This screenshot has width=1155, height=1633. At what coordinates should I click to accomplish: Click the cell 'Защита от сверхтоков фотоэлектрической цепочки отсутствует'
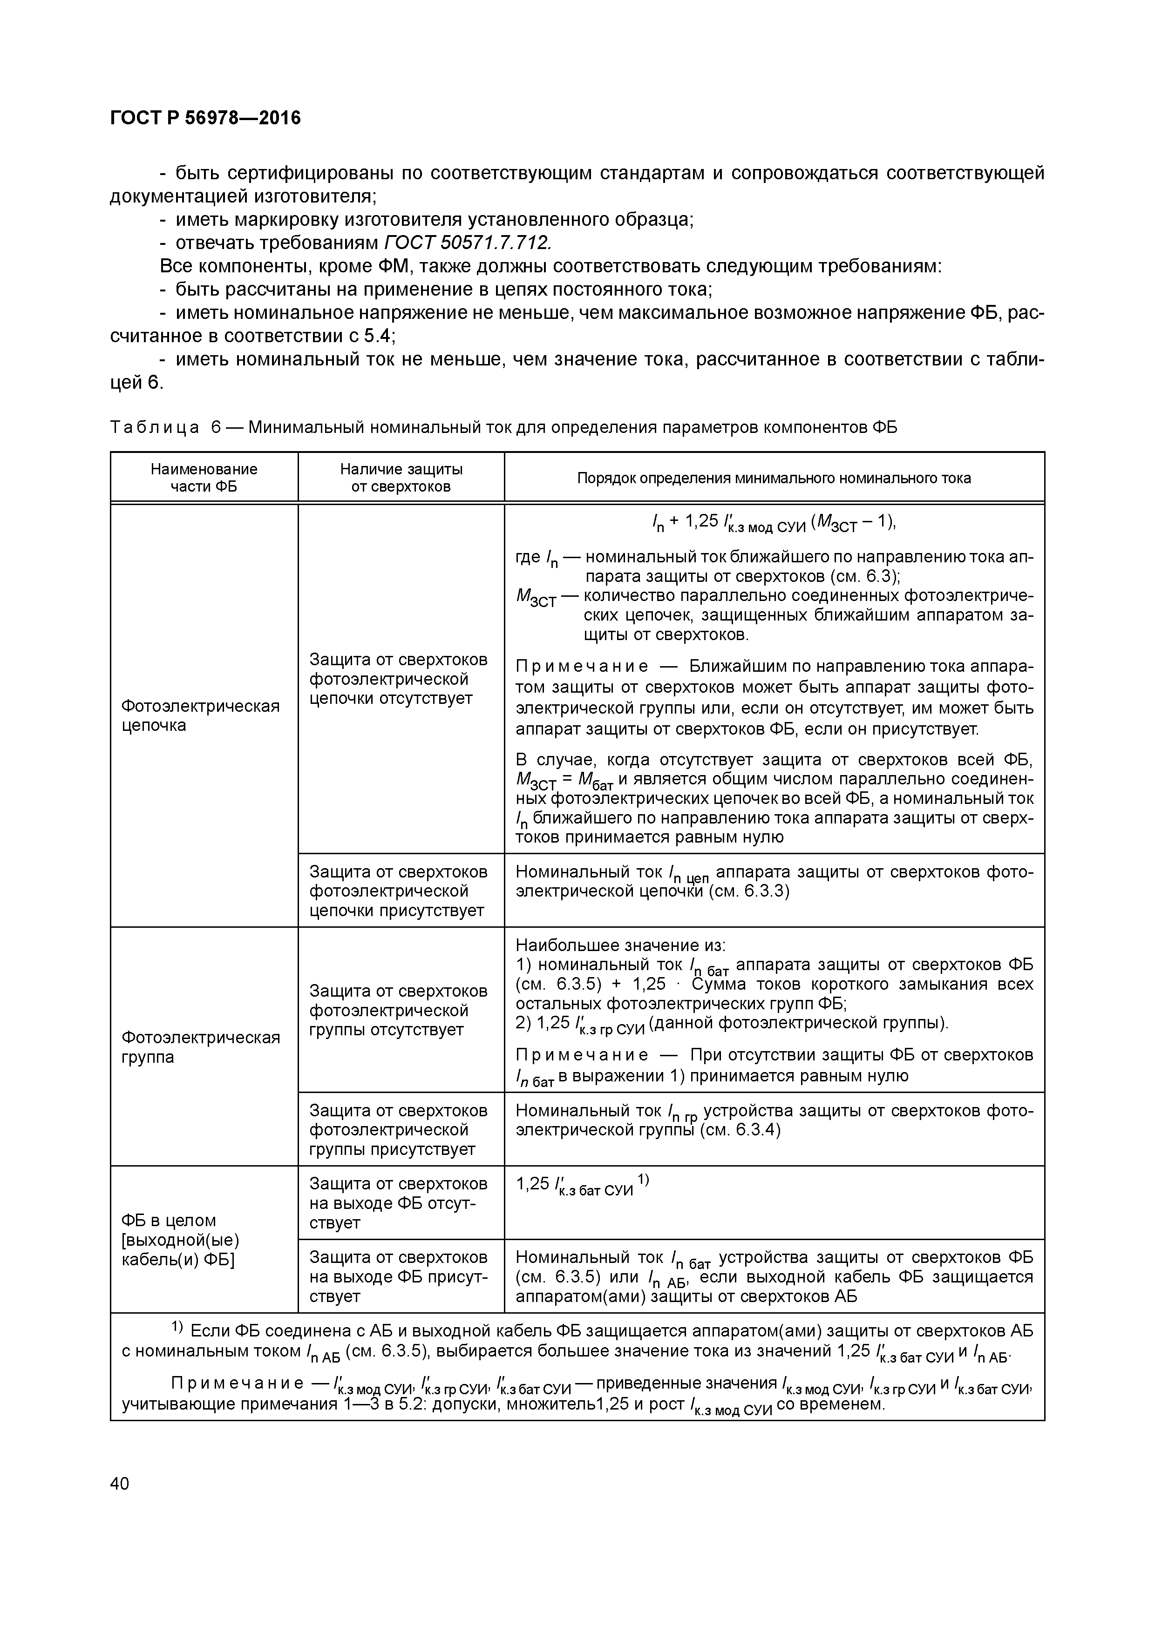pos(399,679)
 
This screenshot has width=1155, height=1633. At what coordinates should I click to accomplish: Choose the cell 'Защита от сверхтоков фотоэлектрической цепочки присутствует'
pos(399,891)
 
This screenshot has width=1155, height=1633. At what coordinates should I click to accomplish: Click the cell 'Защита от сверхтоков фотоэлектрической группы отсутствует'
pos(399,1010)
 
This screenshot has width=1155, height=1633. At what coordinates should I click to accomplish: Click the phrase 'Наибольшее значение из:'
pos(620,945)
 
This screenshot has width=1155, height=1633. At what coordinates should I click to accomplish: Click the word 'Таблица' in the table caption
pos(155,427)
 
